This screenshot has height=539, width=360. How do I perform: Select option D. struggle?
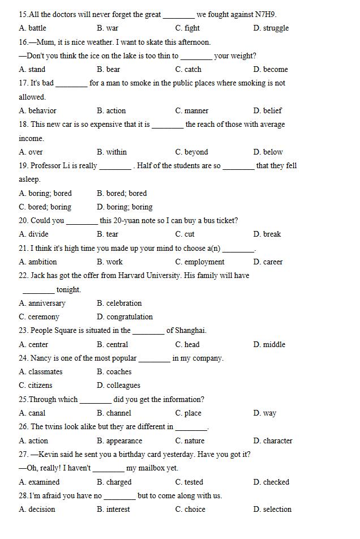point(271,28)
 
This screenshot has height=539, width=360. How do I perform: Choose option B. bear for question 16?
point(108,69)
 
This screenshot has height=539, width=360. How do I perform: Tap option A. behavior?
point(37,110)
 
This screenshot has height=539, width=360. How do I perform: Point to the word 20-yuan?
point(128,220)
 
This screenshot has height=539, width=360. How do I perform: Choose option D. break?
point(267,234)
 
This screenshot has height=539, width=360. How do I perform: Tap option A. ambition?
point(38,262)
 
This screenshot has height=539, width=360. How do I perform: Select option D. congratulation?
point(125,316)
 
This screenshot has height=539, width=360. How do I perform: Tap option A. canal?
point(32,413)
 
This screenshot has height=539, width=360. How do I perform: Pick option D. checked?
point(271,482)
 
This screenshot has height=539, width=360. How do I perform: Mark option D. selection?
point(272,509)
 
